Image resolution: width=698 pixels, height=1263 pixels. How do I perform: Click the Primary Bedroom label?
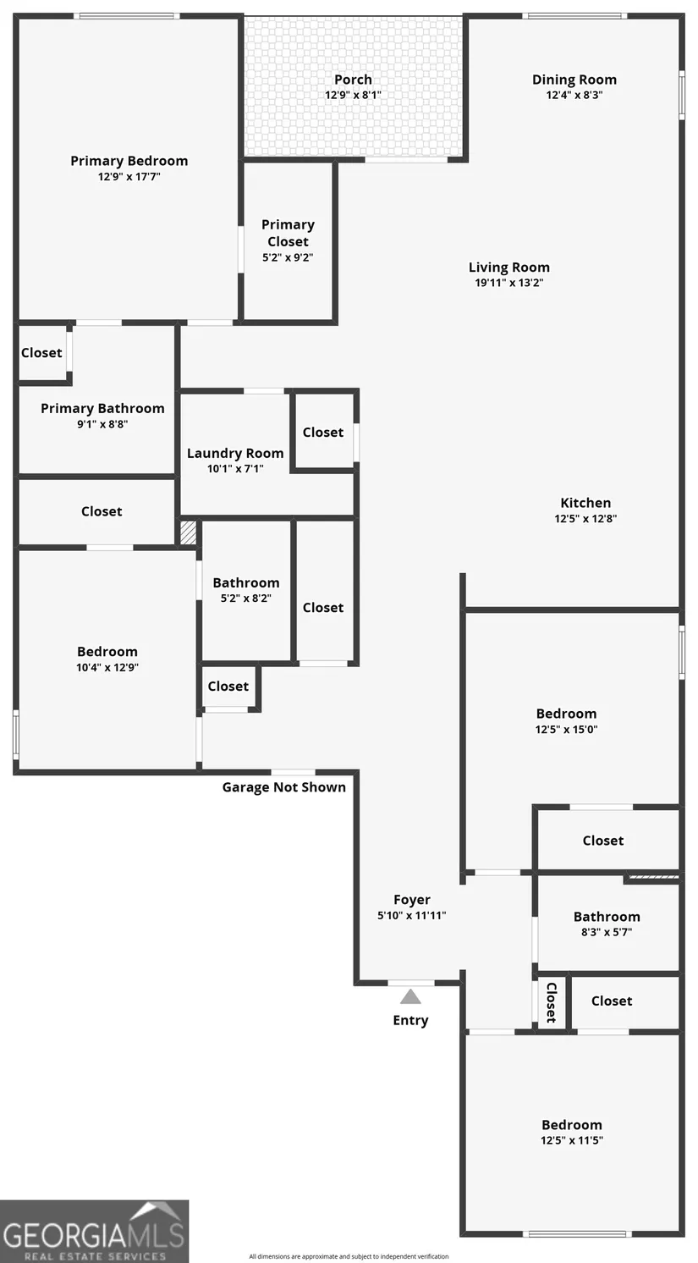[x=129, y=161]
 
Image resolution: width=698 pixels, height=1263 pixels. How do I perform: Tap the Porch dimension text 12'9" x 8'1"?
[x=353, y=95]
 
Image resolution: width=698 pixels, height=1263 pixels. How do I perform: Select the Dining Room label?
[x=574, y=80]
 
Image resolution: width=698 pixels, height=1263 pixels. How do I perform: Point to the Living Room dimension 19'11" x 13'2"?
[x=508, y=283]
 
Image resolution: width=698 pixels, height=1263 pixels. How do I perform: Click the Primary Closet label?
[x=288, y=233]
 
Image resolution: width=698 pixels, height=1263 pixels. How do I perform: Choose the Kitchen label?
[x=585, y=503]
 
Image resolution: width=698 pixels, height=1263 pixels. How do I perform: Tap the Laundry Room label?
[x=235, y=453]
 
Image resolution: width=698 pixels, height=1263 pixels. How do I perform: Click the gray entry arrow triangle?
[x=410, y=996]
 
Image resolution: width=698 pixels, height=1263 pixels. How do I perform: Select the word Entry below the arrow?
[x=410, y=1020]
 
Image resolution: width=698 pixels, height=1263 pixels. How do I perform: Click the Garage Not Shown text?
[x=283, y=787]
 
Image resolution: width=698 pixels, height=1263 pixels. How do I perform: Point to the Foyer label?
[x=412, y=900]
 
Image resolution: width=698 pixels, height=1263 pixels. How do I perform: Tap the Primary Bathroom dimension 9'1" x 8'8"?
[x=102, y=424]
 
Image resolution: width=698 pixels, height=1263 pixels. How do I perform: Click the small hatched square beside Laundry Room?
[x=188, y=532]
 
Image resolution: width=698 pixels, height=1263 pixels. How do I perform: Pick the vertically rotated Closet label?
[x=551, y=1002]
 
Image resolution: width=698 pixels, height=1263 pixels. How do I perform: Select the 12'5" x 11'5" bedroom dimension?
[x=572, y=1140]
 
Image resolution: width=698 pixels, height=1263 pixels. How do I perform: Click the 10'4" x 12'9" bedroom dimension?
[x=107, y=667]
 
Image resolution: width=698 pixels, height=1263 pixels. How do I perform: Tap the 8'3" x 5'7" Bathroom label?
[x=607, y=917]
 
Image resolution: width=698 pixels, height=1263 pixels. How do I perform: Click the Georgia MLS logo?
[x=94, y=1232]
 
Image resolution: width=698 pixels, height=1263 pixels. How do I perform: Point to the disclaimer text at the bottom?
[x=349, y=1256]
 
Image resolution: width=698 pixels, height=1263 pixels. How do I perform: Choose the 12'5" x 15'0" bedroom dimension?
[x=566, y=729]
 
